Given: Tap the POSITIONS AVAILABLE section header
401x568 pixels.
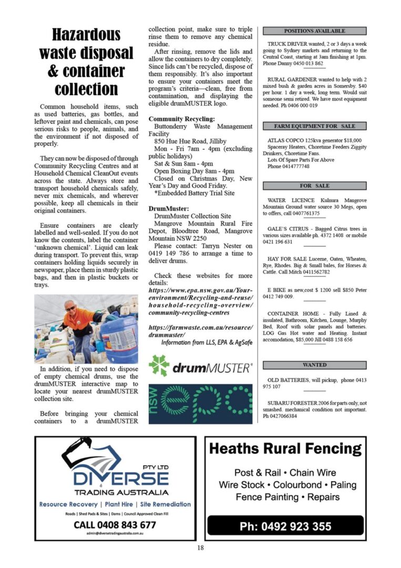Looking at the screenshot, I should [314, 31].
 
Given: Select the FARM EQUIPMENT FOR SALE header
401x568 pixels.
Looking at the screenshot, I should [314, 126].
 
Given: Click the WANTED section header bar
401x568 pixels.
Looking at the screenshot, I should [314, 364].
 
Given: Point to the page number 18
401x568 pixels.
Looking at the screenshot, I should [200, 548].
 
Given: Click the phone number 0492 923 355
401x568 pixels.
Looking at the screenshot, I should [285, 526].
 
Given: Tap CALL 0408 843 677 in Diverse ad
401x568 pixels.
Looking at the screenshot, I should [115, 524].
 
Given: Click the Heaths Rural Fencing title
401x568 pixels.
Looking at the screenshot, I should [285, 449].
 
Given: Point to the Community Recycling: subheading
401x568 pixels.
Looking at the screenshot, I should [181, 119].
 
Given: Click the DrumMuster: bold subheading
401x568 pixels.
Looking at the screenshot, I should [168, 209].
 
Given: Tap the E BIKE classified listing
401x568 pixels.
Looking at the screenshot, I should [314, 293].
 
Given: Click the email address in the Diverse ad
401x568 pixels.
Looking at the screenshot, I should [115, 533].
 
